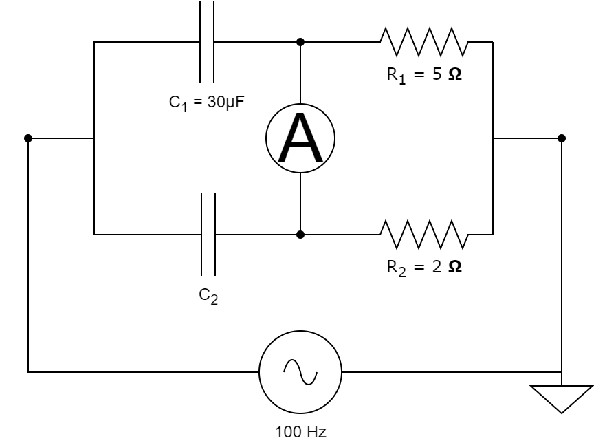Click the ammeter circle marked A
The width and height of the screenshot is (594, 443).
300,138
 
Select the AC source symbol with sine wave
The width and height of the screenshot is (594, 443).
300,372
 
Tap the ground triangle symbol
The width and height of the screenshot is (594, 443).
562,398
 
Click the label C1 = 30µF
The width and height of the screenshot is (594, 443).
208,103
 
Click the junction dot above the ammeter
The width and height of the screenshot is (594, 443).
300,42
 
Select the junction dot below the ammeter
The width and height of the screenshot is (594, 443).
300,235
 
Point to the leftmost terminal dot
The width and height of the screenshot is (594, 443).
28,138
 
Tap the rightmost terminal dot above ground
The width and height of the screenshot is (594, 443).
562,138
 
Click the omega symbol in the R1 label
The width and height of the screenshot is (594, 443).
454,74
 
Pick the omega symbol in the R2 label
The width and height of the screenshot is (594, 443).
454,267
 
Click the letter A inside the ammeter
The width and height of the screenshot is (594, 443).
300,140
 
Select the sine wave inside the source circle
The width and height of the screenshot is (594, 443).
300,372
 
